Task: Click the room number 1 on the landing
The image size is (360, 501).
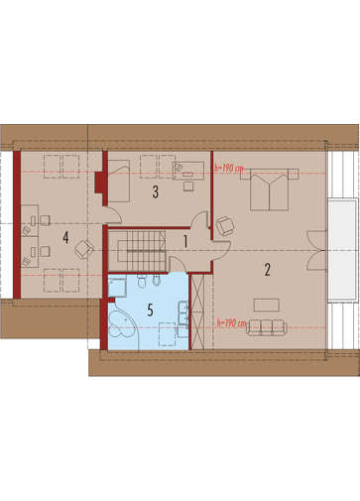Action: [x=185, y=241]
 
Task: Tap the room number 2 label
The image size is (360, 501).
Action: [x=268, y=270]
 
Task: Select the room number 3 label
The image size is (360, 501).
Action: [x=155, y=191]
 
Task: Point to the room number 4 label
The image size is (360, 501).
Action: [x=65, y=237]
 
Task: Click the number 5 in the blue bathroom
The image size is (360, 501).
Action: [x=150, y=311]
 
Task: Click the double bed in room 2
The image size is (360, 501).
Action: [x=270, y=189]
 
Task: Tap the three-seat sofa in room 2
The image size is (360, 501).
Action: [x=267, y=327]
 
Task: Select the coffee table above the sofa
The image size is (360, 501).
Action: [x=267, y=305]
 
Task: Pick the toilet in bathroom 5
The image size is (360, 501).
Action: [x=142, y=281]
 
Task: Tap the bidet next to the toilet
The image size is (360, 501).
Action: [x=157, y=281]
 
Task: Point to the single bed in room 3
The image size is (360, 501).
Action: [x=118, y=181]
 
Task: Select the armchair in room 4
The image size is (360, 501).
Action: [x=84, y=249]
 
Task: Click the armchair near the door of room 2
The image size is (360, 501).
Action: [x=225, y=226]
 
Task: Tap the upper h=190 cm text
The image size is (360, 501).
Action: [x=228, y=168]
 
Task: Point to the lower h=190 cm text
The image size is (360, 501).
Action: [x=231, y=322]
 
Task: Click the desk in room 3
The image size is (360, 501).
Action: [x=187, y=171]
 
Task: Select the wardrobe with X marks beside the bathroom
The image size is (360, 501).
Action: [x=197, y=312]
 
